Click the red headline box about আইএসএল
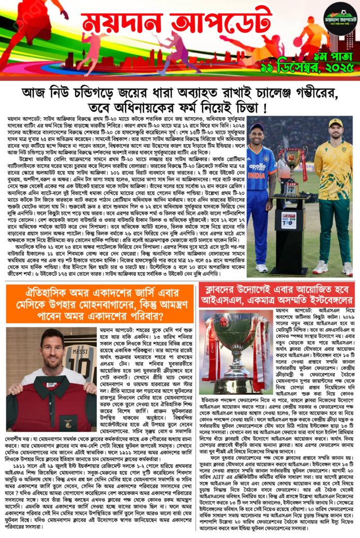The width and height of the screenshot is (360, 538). point(277,294)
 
